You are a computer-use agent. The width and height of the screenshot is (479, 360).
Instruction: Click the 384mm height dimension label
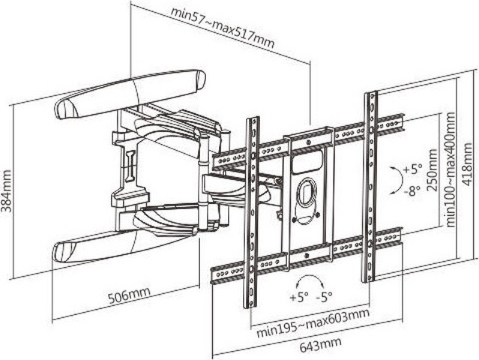[7, 191]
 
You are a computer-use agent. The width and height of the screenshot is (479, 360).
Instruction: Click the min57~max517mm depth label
[223, 26]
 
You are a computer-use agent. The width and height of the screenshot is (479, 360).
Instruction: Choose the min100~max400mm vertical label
[451, 169]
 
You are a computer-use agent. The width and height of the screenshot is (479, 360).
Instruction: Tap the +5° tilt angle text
[412, 169]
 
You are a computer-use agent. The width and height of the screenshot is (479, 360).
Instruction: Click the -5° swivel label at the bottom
[324, 296]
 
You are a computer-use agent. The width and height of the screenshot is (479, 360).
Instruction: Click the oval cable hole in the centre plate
[307, 193]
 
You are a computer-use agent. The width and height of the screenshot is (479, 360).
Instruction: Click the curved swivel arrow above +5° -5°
[310, 280]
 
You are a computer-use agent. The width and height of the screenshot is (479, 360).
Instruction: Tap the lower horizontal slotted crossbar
[307, 255]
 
